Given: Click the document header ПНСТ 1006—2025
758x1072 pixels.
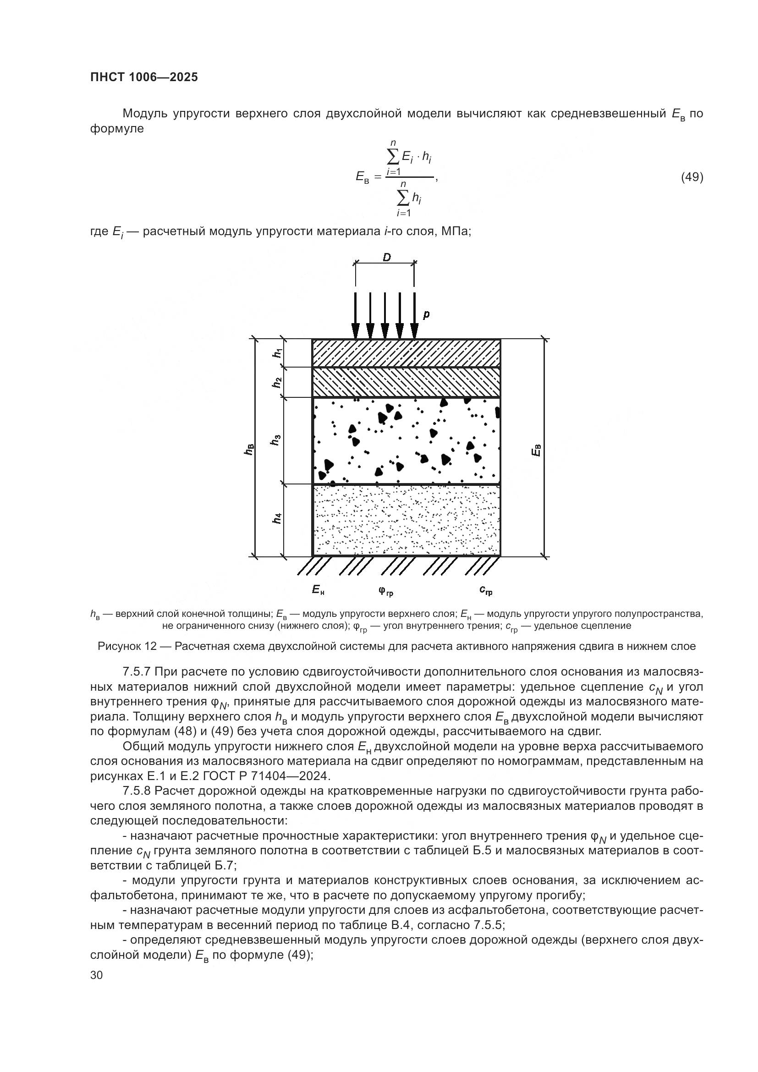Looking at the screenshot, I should tap(144, 77).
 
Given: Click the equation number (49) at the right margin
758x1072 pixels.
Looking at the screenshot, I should tap(692, 177).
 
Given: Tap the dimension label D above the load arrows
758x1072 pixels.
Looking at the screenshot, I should tap(386, 257).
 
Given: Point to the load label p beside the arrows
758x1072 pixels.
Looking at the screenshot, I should tap(426, 315).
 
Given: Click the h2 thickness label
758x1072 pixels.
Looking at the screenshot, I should tap(277, 382).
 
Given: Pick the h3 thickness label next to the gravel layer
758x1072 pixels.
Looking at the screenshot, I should tap(276, 440).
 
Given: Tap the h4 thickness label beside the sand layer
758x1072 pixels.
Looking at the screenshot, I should tap(277, 518).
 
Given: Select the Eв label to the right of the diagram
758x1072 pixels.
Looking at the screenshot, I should tap(537, 450).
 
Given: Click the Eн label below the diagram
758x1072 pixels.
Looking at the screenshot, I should tap(318, 590).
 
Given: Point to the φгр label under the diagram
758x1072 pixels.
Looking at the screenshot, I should tap(385, 591).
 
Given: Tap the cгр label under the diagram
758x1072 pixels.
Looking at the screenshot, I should tap(485, 591).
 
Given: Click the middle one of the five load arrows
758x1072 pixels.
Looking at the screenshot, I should tap(385, 316).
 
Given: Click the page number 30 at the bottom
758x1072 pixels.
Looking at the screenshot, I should tap(97, 975).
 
